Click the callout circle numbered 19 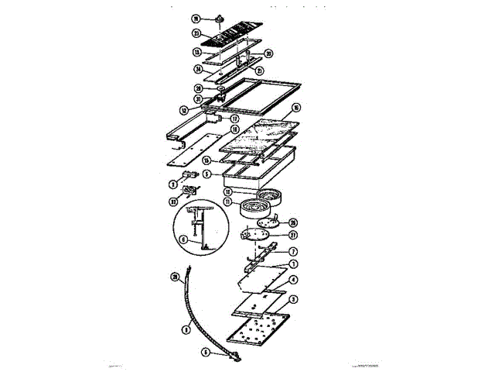click(x=196, y=18)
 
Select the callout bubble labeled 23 click(x=196, y=33)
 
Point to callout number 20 click(x=269, y=53)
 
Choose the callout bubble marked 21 click(x=260, y=71)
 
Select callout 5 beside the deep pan click(x=207, y=175)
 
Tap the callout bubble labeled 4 click(x=293, y=279)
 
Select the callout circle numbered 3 click(x=293, y=298)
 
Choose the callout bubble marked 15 click(x=207, y=160)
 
